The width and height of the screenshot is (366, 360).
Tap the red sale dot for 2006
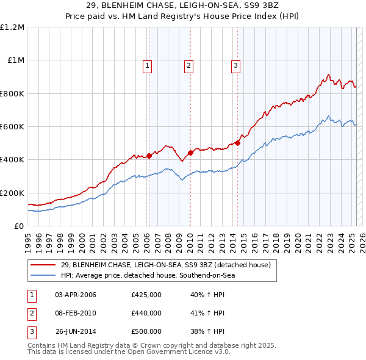pos(148,156)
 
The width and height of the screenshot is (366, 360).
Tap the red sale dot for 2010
pos(190,153)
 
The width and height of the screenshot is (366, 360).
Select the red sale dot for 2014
pos(237,143)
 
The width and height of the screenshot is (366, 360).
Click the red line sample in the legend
pos(44,265)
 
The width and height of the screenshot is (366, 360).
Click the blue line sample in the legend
pos(44,275)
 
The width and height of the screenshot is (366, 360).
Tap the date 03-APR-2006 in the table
pos(76,295)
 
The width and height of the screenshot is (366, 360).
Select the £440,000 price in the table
pos(146,313)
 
